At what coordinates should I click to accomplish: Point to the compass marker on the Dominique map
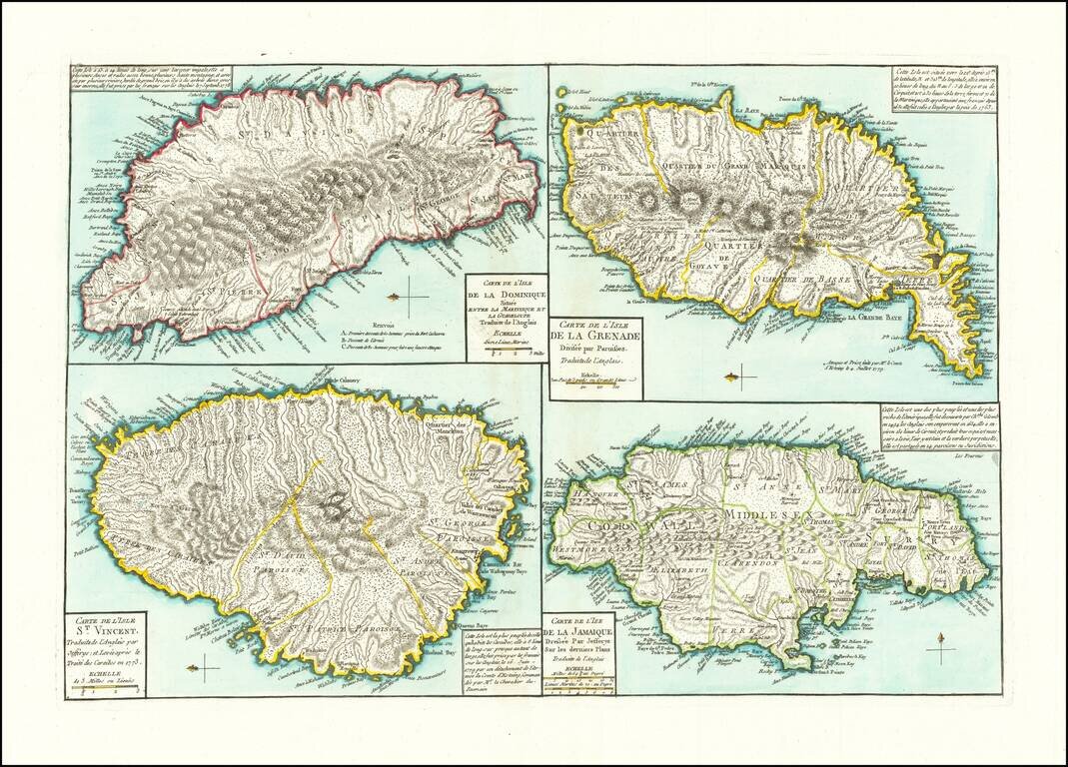[408, 297]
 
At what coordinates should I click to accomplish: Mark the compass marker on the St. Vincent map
[204, 666]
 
